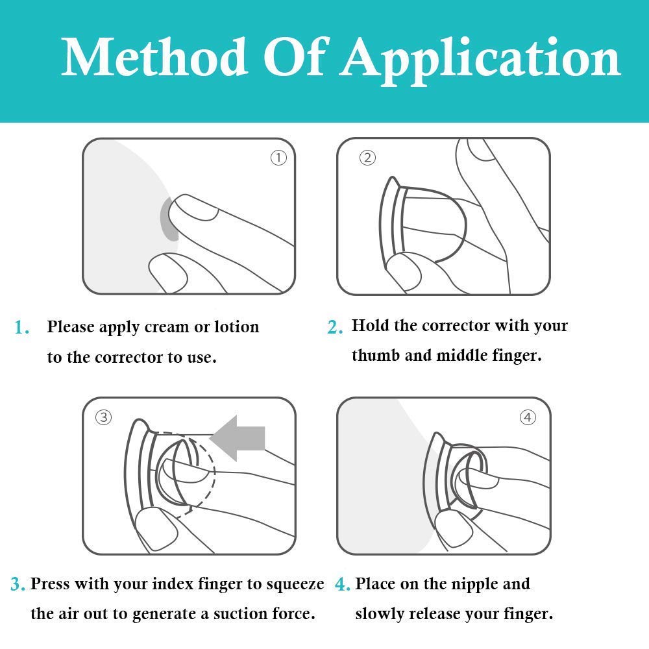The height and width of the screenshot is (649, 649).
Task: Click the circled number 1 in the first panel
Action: point(278,158)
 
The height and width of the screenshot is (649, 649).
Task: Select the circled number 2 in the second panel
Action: point(367,158)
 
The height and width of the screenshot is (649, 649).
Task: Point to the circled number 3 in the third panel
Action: point(103,417)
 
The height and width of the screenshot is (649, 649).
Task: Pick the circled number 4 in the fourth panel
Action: point(528,417)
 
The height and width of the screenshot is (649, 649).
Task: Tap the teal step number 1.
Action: point(22,328)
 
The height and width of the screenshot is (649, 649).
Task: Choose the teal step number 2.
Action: point(335,328)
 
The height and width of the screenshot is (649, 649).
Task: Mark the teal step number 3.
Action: point(18,585)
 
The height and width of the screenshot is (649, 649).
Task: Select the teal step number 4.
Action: point(343,585)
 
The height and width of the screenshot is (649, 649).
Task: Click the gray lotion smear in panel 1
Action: point(169,221)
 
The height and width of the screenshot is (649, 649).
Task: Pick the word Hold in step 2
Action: point(370,325)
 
